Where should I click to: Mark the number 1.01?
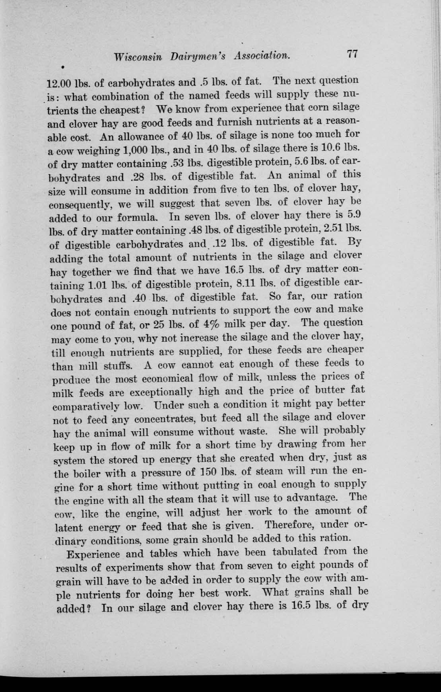[98, 285]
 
